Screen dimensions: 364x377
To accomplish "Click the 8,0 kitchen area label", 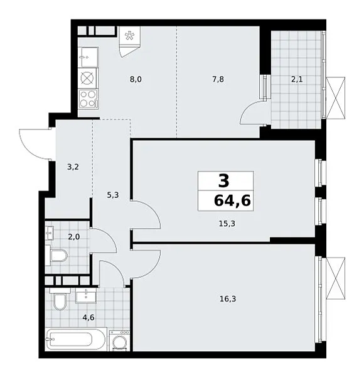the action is (136, 79).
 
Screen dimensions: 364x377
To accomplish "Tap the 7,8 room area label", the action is (218, 79).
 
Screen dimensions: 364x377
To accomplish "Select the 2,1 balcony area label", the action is (297, 79).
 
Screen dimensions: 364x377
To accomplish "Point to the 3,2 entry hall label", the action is (73, 167).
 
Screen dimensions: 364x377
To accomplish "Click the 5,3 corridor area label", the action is (113, 195).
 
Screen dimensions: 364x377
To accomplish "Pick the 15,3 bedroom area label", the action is (227, 224).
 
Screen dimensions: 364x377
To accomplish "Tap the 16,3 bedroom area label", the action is (228, 299).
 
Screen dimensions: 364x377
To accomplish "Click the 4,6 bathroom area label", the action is (88, 317).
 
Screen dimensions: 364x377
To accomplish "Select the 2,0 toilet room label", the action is (73, 237).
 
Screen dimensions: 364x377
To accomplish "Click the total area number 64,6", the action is (232, 200).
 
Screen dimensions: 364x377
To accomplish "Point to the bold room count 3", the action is (224, 181).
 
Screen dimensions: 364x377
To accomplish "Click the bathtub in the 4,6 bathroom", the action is (76, 339).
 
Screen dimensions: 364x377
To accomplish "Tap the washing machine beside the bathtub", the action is (119, 341).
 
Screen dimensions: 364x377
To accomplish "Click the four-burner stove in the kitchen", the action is (88, 99).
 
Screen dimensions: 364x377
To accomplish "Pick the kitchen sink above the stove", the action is (88, 57).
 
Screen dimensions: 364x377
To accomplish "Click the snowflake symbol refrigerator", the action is (130, 36).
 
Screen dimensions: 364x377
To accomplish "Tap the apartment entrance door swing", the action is (35, 144).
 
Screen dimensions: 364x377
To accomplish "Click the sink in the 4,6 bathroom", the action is (86, 295).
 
